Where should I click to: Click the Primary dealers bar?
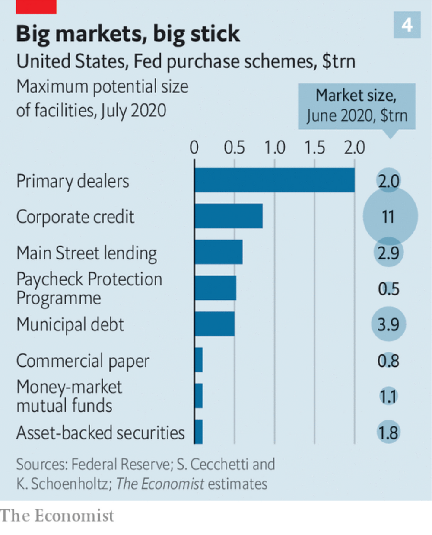(x=274, y=180)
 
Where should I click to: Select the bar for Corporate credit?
(x=229, y=216)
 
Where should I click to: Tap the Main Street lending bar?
(x=219, y=252)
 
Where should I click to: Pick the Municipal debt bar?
(x=215, y=324)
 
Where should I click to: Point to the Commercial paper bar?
(x=199, y=360)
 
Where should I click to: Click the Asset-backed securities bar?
(x=199, y=432)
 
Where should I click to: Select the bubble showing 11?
(x=390, y=216)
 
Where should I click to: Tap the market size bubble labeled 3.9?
(x=388, y=324)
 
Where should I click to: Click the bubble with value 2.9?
(x=388, y=253)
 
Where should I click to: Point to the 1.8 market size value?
(x=388, y=432)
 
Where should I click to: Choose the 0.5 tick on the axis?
(x=234, y=148)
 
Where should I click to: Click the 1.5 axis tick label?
(x=314, y=148)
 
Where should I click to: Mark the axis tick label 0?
(x=194, y=148)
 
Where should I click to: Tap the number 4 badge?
(x=407, y=25)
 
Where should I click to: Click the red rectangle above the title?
(x=36, y=6)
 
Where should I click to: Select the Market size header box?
(x=357, y=106)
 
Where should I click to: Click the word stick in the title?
(x=215, y=34)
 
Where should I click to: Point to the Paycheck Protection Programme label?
(x=89, y=288)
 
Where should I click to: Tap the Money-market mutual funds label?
(x=69, y=396)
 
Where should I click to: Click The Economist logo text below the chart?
(x=57, y=516)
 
